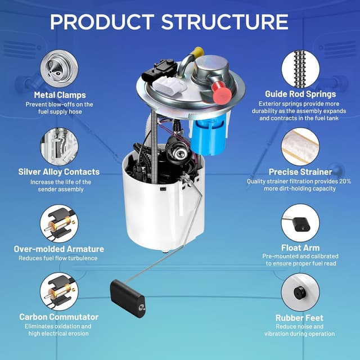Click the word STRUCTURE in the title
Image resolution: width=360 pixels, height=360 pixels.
pos(224,22)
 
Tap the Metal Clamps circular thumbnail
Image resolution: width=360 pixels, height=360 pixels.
pos(59,69)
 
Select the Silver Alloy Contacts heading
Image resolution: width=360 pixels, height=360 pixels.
pos(59,172)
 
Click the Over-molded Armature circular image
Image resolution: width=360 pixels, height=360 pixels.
pos(59,223)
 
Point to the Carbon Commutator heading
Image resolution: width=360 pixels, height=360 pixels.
pos(59,317)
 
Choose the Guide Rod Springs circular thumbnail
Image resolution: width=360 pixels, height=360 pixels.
pos(300,69)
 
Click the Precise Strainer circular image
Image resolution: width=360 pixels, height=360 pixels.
pos(300,146)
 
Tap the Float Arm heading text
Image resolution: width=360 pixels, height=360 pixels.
pos(300,247)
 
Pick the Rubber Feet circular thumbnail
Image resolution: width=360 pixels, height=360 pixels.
pos(300,292)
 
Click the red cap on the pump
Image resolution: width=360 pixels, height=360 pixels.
pos(222,92)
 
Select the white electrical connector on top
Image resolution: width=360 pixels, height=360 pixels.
pos(169,85)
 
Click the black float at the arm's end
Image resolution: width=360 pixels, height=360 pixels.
pos(128,299)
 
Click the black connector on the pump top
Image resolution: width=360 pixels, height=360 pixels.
pos(160,70)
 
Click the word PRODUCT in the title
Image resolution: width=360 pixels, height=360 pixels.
pos(102,22)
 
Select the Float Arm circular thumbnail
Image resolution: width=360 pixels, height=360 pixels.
pos(300,223)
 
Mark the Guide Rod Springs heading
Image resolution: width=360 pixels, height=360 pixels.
pos(300,94)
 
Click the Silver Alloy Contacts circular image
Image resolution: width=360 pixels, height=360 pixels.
pos(59,146)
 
